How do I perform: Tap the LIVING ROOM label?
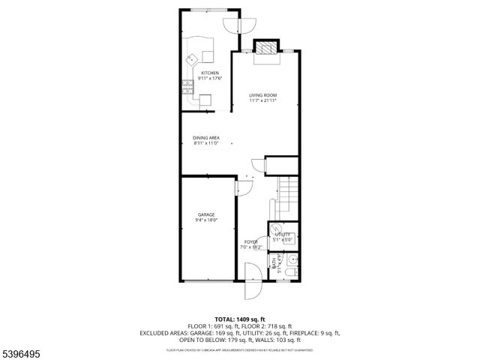(263, 95)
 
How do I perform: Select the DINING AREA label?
(205, 138)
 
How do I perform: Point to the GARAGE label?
(207, 214)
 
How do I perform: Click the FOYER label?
(250, 241)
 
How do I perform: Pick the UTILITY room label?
(283, 235)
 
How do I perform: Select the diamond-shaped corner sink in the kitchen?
(192, 57)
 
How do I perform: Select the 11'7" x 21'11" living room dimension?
(263, 101)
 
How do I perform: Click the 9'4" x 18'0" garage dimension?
(207, 220)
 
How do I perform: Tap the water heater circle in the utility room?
(277, 229)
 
